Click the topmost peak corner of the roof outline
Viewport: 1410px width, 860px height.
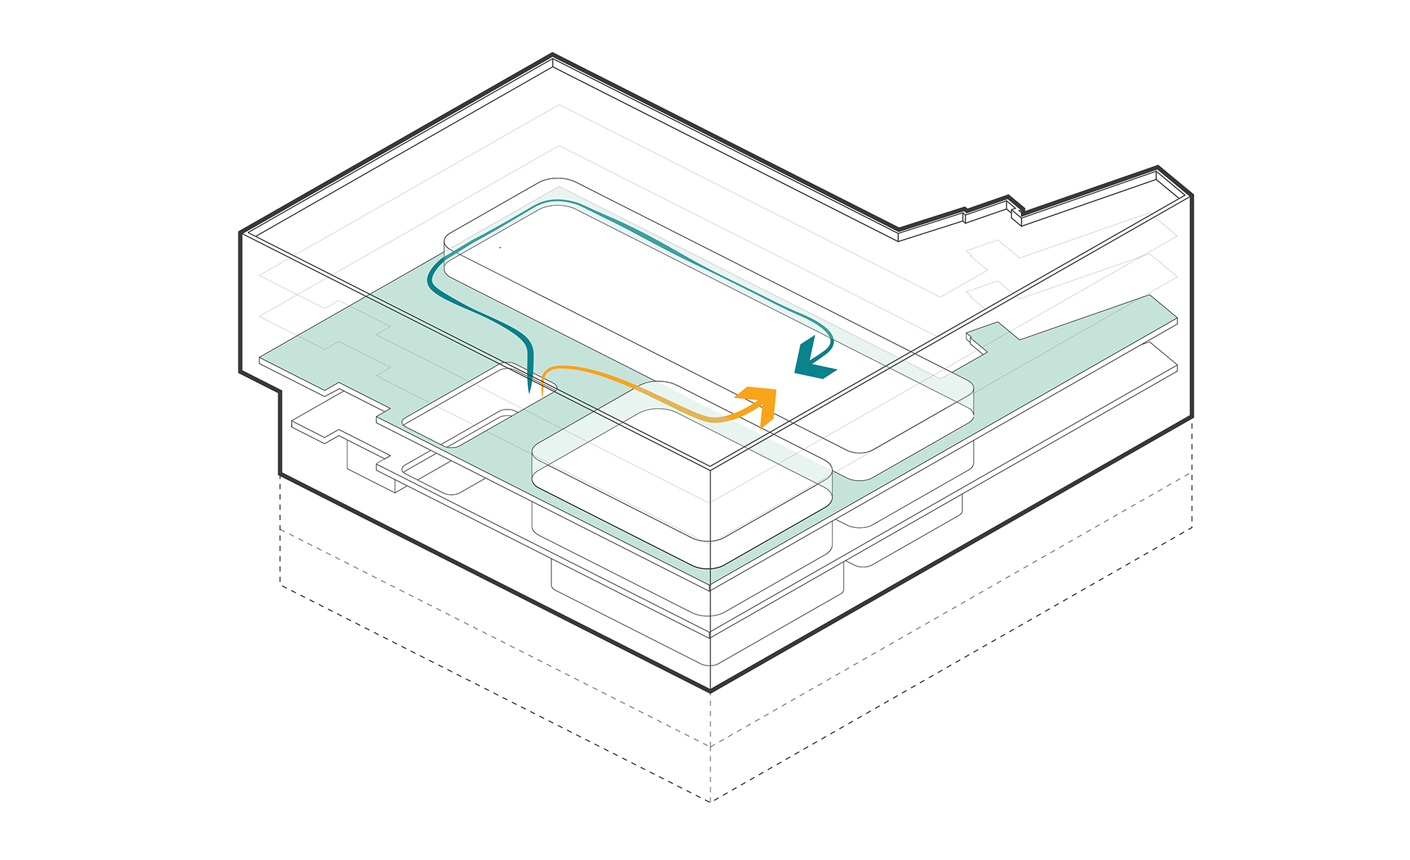point(553,54)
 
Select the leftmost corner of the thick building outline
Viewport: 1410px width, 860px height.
point(240,233)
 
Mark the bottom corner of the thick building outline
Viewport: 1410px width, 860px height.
point(710,690)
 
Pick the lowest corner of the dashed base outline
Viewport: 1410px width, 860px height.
point(710,801)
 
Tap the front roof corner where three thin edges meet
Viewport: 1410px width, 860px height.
point(710,467)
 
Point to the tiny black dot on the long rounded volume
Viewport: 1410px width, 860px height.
point(500,247)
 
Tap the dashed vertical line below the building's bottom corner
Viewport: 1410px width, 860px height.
point(710,747)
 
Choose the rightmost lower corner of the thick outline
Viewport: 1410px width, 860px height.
point(1191,417)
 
